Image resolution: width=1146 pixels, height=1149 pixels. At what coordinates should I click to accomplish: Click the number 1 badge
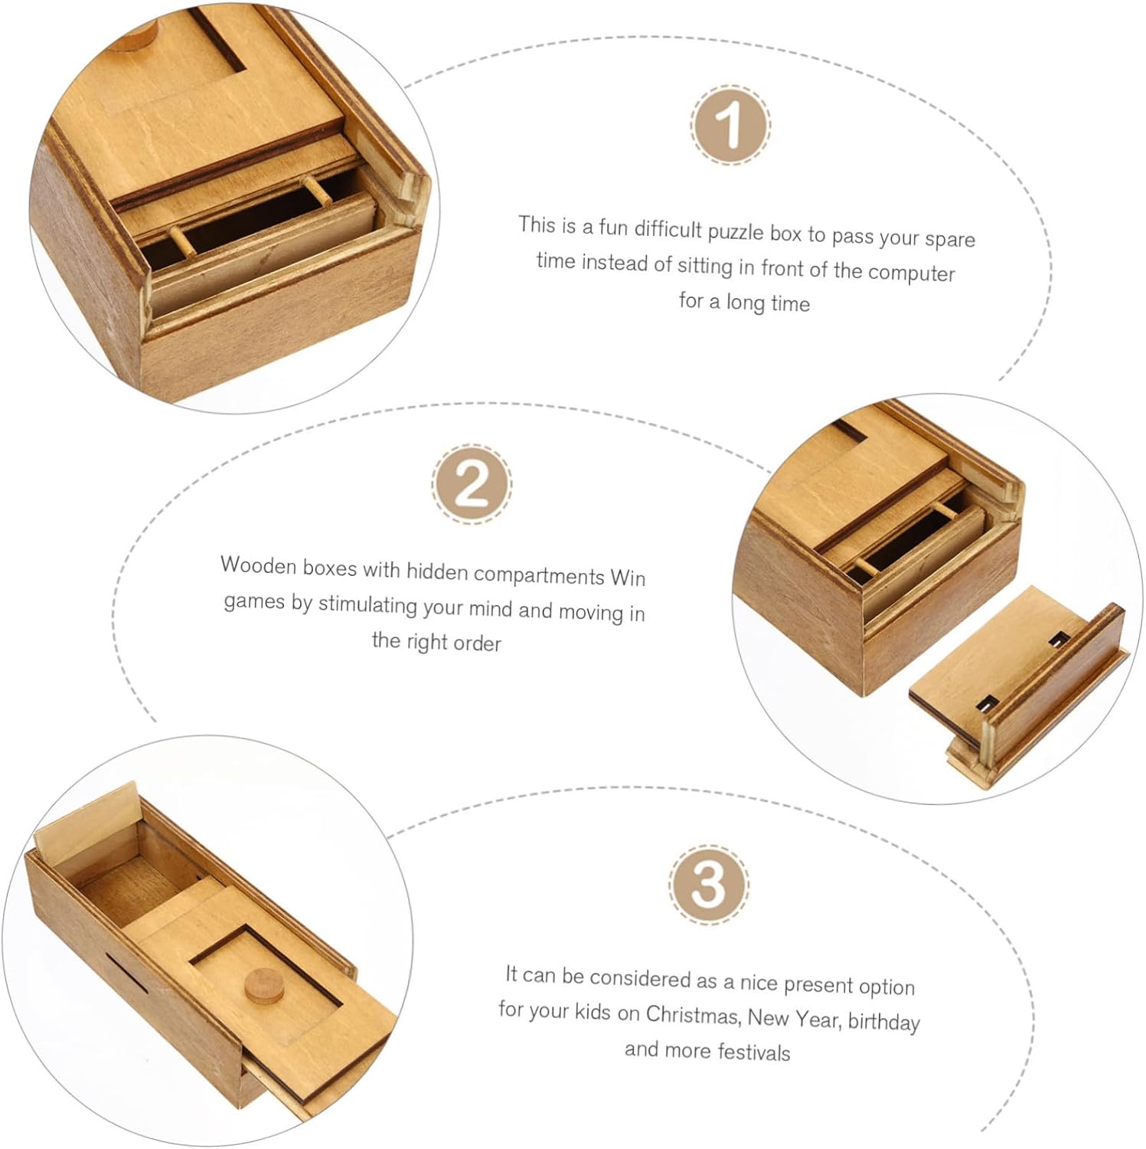(x=730, y=125)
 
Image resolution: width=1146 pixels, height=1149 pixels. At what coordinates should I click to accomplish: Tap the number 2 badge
(x=472, y=483)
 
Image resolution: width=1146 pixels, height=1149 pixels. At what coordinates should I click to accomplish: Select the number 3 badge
(x=708, y=884)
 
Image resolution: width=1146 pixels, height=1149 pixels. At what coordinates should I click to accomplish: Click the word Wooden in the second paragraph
(x=259, y=566)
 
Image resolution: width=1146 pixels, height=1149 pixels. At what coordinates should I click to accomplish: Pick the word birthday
(x=883, y=1021)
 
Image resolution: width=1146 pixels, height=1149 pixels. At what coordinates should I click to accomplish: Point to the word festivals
(x=754, y=1052)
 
